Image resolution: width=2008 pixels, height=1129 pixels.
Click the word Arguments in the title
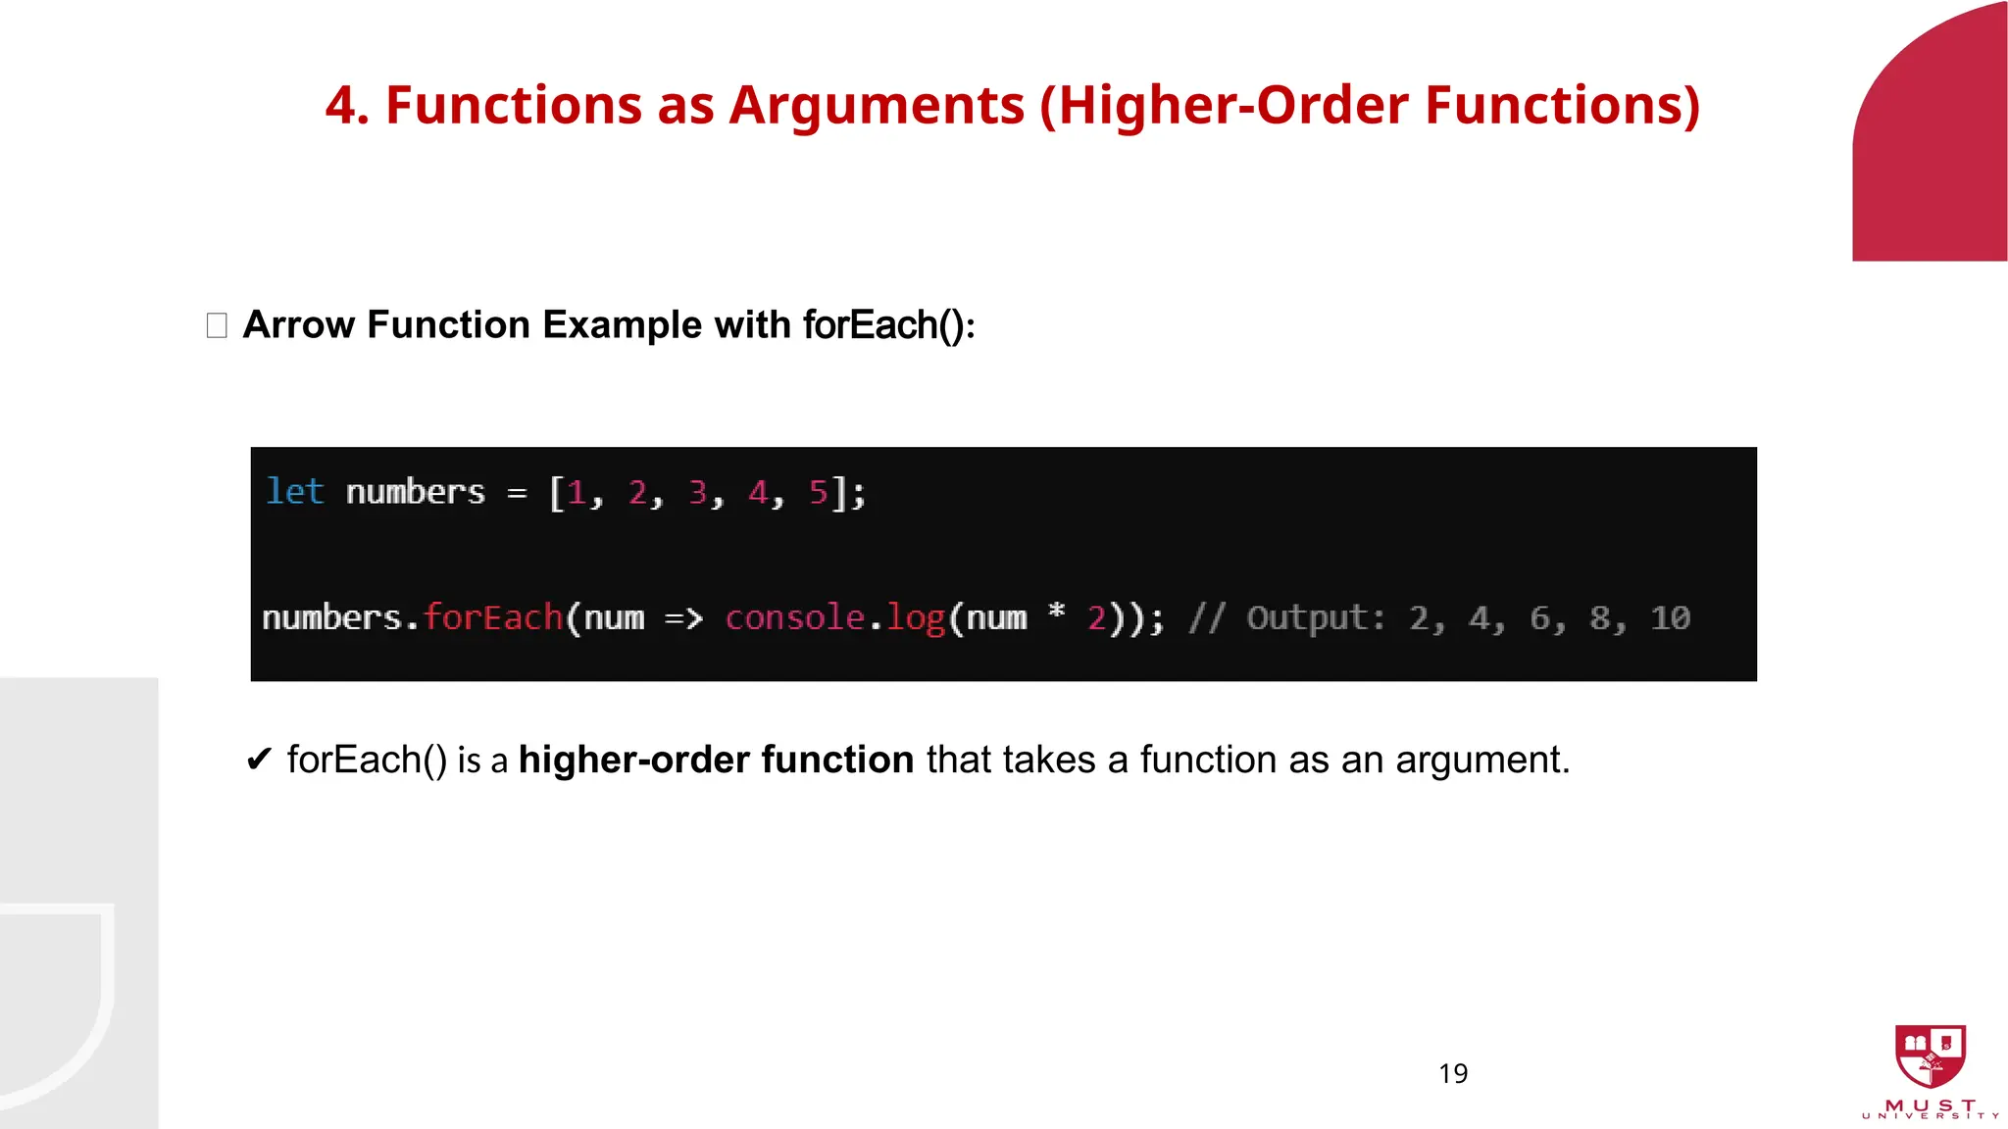click(876, 106)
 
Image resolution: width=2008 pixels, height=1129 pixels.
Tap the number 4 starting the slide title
click(340, 106)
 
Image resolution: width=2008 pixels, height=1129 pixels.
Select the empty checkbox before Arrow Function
click(217, 325)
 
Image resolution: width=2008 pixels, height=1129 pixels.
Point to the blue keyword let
click(294, 491)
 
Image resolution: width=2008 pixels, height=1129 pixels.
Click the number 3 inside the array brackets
click(697, 492)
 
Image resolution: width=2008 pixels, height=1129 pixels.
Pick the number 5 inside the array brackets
click(818, 492)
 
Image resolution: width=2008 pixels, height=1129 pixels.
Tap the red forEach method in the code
click(493, 617)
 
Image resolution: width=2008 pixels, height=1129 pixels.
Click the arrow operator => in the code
click(683, 618)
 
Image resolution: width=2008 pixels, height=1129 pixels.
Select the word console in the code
click(794, 617)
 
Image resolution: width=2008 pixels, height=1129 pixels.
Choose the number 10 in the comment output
click(1670, 617)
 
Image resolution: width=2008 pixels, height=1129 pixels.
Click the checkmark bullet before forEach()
click(259, 760)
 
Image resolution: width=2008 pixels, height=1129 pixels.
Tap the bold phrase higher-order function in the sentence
click(716, 760)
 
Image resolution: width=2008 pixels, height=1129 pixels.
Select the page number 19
click(1453, 1074)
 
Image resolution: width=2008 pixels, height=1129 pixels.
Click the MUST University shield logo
click(1930, 1056)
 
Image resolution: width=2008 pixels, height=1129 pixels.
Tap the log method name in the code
click(915, 618)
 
